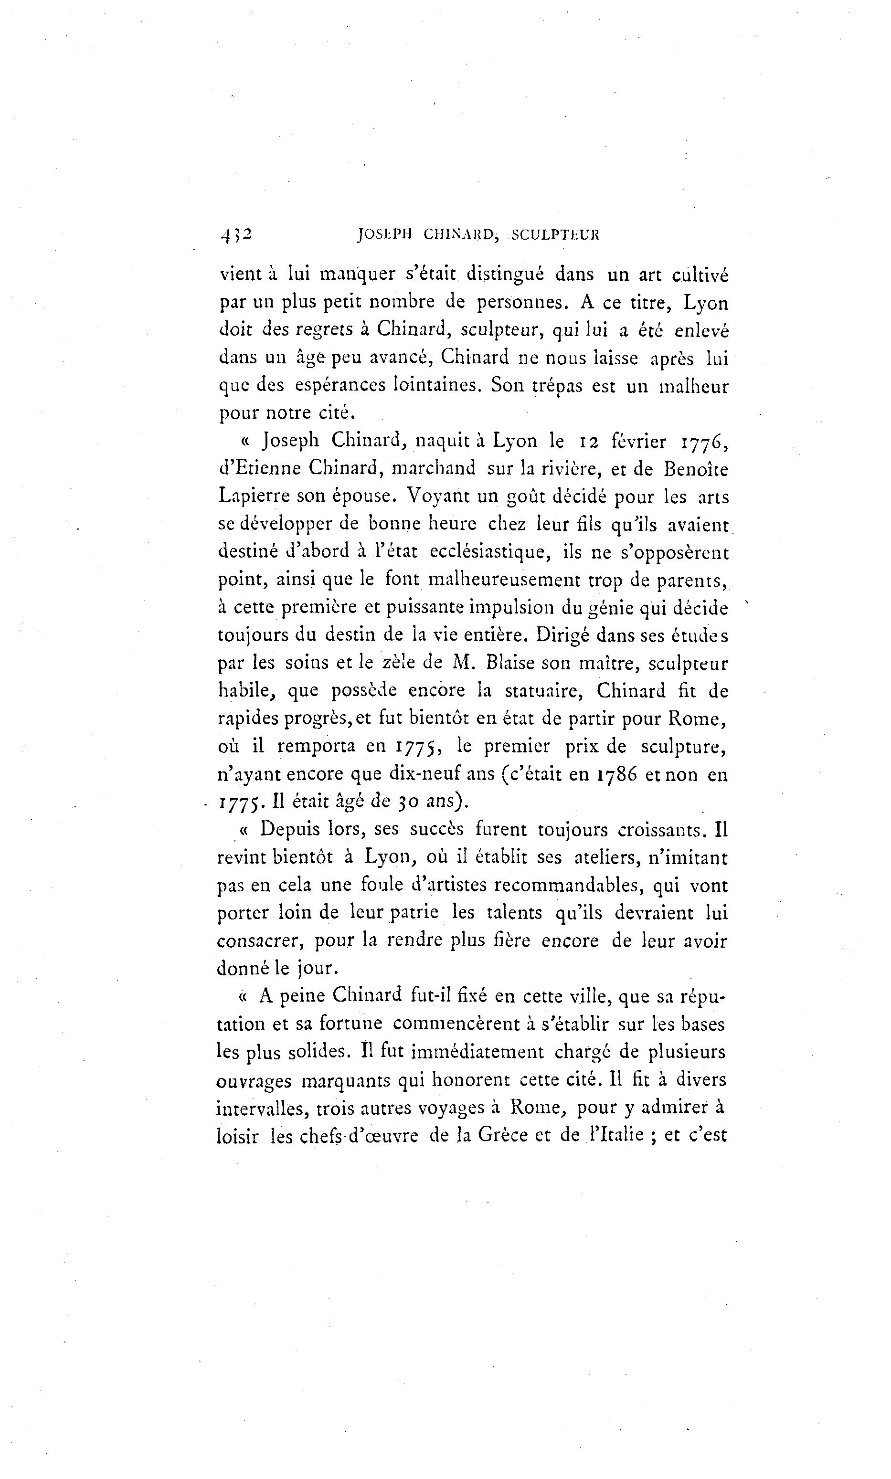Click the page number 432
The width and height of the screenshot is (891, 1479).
[236, 235]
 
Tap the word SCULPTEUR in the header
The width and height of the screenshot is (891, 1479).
[554, 235]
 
